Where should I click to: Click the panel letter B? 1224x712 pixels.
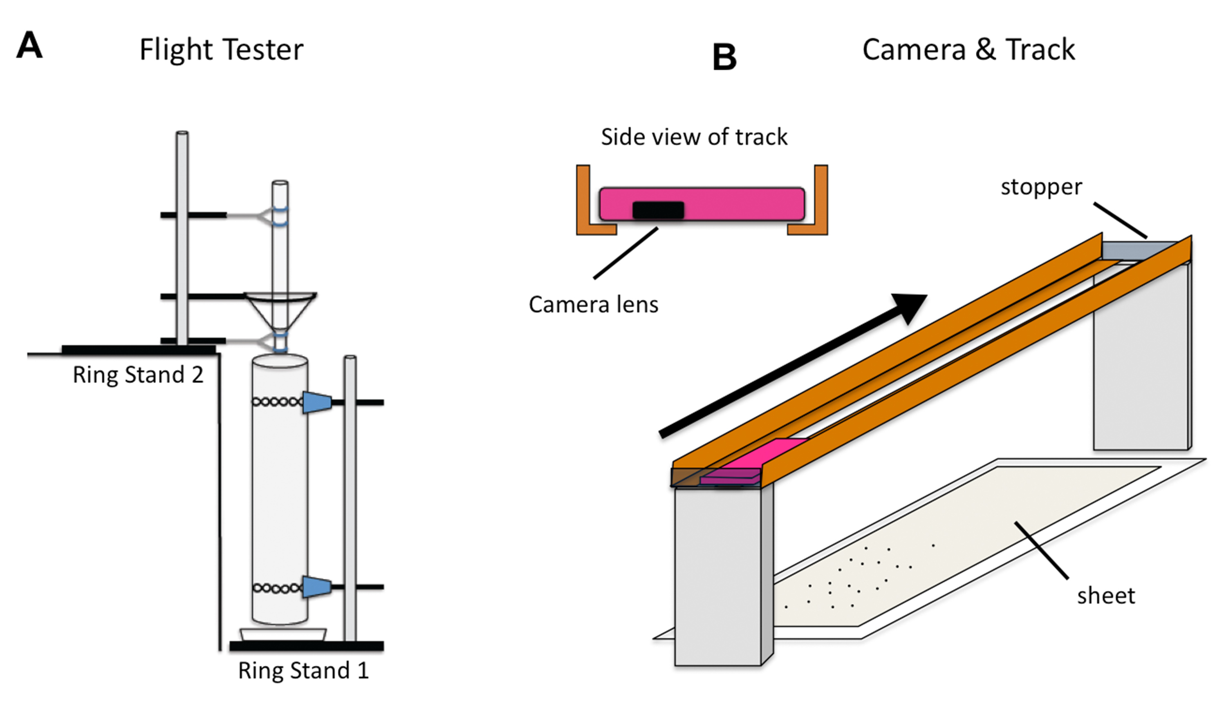724,57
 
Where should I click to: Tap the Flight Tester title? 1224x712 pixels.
221,49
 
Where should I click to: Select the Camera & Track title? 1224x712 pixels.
968,49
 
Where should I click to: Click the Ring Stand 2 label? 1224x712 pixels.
138,375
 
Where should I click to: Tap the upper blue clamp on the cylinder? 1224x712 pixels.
316,402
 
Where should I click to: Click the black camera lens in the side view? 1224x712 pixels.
658,210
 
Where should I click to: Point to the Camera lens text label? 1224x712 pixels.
594,305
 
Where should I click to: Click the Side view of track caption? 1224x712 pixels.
694,137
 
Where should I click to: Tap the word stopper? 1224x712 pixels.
1041,187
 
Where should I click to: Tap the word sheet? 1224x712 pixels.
1106,596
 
